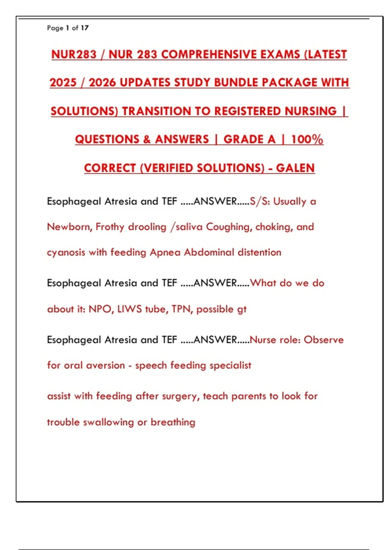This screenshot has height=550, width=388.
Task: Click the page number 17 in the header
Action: pyautogui.click(x=85, y=28)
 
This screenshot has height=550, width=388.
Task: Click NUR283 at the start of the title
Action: pyautogui.click(x=74, y=54)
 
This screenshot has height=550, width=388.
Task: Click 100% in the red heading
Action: pyautogui.click(x=307, y=139)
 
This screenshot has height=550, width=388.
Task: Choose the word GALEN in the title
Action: pyautogui.click(x=295, y=168)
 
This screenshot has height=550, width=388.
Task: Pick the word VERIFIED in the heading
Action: pyautogui.click(x=168, y=168)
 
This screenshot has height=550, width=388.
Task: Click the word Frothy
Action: pyautogui.click(x=110, y=227)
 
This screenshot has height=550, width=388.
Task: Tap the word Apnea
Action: pyautogui.click(x=165, y=252)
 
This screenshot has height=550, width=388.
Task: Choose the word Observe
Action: pyautogui.click(x=324, y=340)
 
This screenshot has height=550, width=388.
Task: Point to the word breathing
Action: pyautogui.click(x=173, y=422)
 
